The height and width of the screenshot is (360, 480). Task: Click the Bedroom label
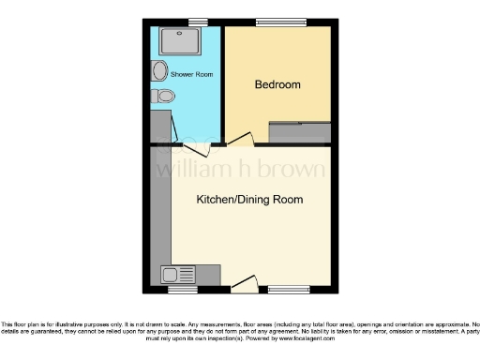(x=277, y=85)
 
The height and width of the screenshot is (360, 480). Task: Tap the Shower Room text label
(x=192, y=73)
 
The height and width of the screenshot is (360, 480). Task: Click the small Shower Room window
(x=197, y=22)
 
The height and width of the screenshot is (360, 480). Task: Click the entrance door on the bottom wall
(x=245, y=281)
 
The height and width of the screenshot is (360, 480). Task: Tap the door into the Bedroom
(x=240, y=141)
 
